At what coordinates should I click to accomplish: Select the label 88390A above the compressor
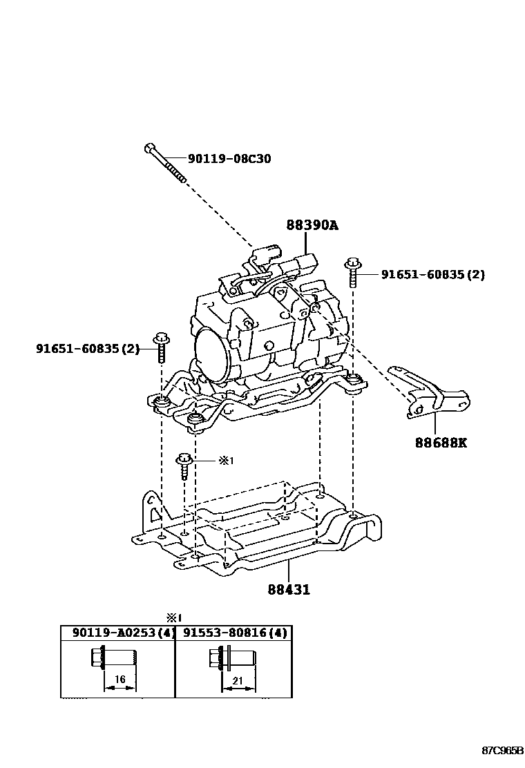point(313,225)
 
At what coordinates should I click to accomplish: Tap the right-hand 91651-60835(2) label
point(432,274)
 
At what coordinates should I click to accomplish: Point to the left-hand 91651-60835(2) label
point(88,349)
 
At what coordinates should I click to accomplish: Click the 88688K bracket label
point(441,442)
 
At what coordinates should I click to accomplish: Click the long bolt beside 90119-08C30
point(166,163)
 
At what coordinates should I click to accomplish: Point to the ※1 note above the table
point(173,617)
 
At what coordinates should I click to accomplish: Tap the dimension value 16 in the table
point(120,680)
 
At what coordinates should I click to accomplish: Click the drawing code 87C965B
point(502,749)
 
